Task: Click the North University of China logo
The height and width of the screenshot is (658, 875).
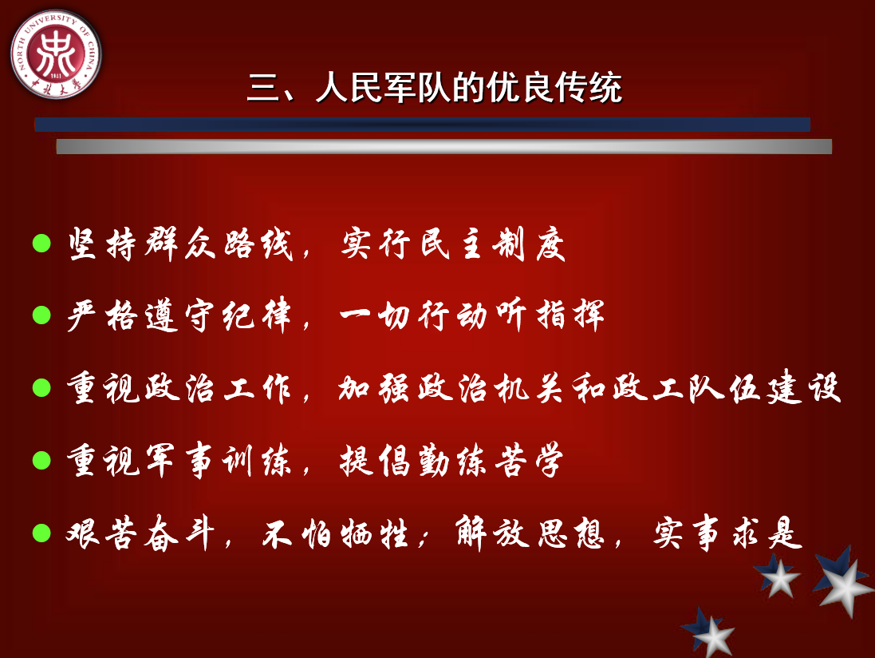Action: [x=56, y=54]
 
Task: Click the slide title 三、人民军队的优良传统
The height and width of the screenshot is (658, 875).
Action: [x=435, y=88]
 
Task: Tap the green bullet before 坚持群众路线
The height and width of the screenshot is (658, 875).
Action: [x=41, y=243]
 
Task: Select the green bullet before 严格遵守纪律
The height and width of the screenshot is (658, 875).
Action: [x=41, y=315]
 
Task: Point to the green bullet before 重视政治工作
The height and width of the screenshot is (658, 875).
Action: [x=41, y=387]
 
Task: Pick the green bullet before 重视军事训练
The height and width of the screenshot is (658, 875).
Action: [x=41, y=460]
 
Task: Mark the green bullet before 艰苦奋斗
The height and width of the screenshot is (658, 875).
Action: [x=41, y=533]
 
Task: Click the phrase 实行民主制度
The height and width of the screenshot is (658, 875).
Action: [x=453, y=244]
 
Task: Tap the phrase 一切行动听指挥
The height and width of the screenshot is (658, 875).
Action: [x=472, y=315]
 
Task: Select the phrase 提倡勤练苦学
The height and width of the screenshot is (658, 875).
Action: [x=451, y=461]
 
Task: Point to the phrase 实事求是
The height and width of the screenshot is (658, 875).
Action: [x=728, y=533]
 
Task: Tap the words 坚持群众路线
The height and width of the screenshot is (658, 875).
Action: [x=180, y=244]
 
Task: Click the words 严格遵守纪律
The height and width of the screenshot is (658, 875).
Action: [x=179, y=315]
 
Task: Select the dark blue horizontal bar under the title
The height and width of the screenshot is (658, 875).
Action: [x=423, y=125]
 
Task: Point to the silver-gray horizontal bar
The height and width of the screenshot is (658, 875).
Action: [x=444, y=146]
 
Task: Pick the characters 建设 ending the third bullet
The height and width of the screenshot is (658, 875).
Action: [x=803, y=387]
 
